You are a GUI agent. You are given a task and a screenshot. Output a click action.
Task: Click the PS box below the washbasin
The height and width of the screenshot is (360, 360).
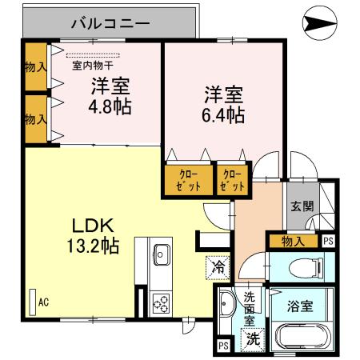pos(223,346)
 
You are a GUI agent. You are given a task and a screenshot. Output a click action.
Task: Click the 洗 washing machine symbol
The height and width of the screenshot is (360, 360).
pos(252,339)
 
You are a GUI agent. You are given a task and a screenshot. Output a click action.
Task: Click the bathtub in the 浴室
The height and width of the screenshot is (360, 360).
pos(303,336)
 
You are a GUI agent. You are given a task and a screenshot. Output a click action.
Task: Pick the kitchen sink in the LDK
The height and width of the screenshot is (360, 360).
pos(159,254)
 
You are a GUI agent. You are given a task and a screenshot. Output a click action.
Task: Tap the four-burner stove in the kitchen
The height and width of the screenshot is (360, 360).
pos(158,304)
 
